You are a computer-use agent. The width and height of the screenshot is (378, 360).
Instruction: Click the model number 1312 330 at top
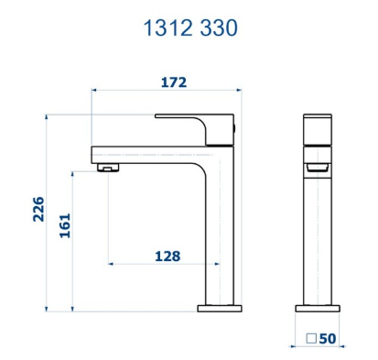pyautogui.click(x=190, y=27)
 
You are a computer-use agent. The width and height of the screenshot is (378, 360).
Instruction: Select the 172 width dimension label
pyautogui.click(x=174, y=82)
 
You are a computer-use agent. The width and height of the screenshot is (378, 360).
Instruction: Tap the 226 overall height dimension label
pyautogui.click(x=38, y=209)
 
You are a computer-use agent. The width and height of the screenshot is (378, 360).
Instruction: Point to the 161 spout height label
pyautogui.click(x=65, y=225)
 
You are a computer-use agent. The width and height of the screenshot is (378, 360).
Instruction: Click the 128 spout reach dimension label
pyautogui.click(x=167, y=256)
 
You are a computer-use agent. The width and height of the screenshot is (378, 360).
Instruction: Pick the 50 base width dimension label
pyautogui.click(x=328, y=339)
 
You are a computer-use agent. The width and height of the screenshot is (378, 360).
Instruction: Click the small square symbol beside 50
pyautogui.click(x=311, y=338)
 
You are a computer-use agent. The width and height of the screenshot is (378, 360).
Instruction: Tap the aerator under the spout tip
pyautogui.click(x=108, y=168)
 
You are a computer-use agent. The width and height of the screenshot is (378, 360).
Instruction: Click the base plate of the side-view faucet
pyautogui.click(x=318, y=309)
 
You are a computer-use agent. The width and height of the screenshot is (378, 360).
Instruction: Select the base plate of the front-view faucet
pyautogui.click(x=220, y=309)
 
